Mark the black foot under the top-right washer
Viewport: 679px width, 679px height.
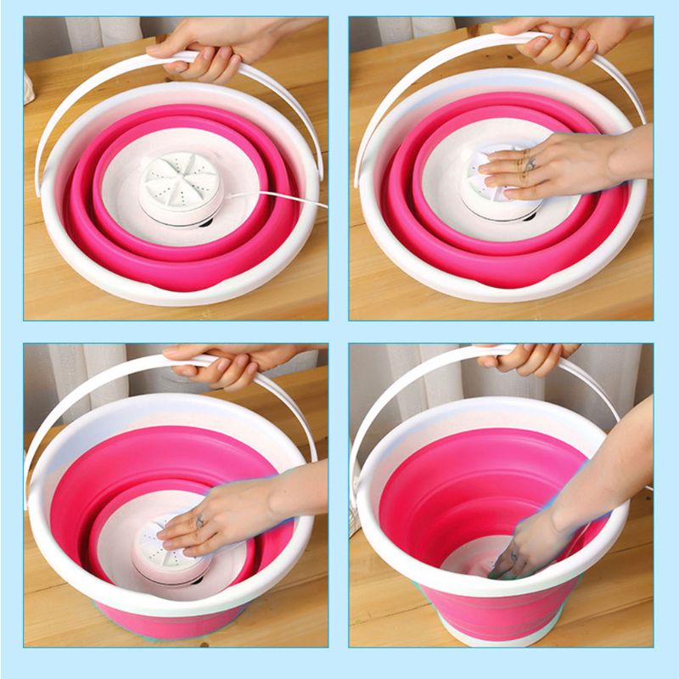coord(529,217)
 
